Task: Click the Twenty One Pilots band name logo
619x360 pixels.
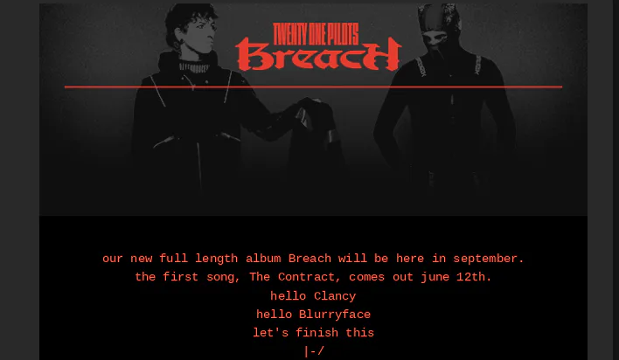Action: tap(316, 34)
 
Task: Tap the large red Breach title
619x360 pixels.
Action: tap(318, 54)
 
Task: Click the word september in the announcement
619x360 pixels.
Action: tap(489, 259)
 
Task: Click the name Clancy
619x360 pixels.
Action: tap(335, 296)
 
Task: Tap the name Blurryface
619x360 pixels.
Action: tap(335, 315)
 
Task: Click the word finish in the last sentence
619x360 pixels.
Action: tap(317, 333)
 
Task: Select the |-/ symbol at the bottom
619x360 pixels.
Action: tap(314, 351)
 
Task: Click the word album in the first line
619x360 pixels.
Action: tap(263, 259)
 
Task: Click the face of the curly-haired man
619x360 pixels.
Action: tap(199, 37)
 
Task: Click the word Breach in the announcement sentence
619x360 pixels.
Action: tap(309, 259)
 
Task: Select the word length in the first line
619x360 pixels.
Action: tap(216, 259)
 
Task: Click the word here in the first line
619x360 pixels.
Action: tap(410, 259)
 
